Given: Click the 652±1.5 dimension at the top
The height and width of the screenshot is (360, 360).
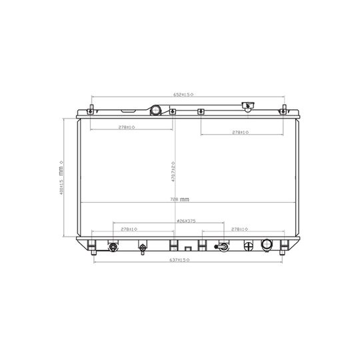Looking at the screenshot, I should [x=184, y=95].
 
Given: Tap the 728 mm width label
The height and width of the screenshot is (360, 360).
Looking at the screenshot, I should [x=180, y=199].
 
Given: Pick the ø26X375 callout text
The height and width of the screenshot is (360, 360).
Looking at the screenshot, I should [x=187, y=221].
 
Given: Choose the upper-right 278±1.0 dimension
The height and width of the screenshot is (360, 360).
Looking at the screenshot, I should [x=240, y=133].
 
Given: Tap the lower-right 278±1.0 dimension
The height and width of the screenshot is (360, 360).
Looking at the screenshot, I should [x=240, y=229].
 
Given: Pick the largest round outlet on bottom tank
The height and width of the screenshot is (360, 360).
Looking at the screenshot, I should [x=268, y=245].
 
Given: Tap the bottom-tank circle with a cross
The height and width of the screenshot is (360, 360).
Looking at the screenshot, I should [x=249, y=246].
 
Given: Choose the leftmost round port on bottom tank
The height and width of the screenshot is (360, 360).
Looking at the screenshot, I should [x=113, y=247].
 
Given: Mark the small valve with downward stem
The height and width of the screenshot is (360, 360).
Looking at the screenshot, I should [x=142, y=249].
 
